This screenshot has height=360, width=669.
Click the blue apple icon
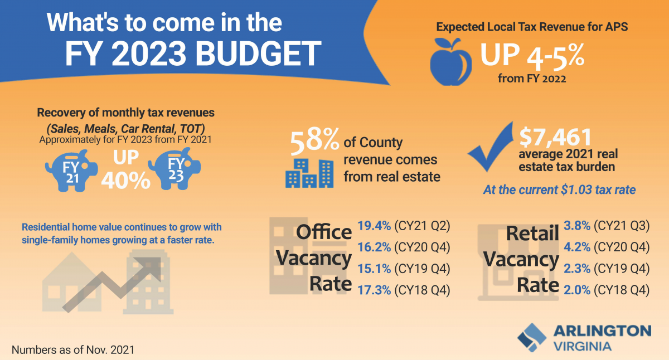[450, 62]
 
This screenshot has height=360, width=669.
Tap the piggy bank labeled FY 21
[71, 171]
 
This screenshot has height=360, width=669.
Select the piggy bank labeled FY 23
[174, 169]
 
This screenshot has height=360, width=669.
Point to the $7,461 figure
[555, 137]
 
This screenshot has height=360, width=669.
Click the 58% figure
[314, 141]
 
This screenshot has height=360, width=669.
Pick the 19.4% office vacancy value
[374, 226]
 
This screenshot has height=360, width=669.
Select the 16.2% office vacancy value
[374, 247]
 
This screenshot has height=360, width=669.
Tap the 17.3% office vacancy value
[374, 290]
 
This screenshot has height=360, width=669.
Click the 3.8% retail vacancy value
[577, 226]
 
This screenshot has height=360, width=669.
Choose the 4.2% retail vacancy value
[577, 247]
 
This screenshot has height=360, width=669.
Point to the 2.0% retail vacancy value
[577, 290]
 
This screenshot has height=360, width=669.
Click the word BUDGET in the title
[258, 54]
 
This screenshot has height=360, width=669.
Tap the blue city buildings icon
[309, 173]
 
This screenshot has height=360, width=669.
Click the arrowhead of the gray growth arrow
[151, 269]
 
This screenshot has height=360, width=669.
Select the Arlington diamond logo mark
[532, 337]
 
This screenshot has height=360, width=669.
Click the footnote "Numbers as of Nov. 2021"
[73, 350]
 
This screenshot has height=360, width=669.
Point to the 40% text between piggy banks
[126, 181]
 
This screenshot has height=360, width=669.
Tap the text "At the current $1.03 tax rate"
[559, 190]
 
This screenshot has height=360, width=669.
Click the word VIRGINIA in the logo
[583, 347]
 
